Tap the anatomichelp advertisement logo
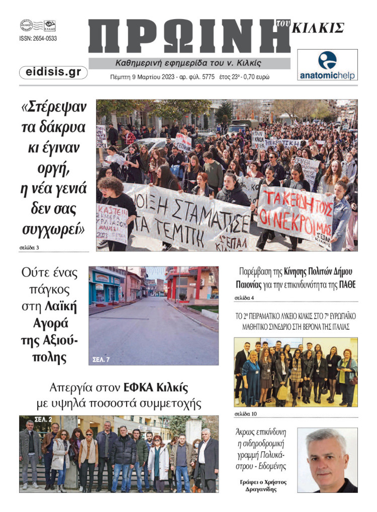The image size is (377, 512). [327, 65]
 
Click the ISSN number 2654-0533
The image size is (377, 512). [38, 38]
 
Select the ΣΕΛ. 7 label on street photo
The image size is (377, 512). [102, 359]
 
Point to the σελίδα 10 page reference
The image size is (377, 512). [246, 414]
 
